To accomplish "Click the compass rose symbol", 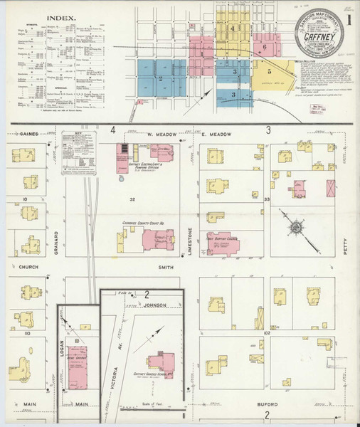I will click(x=293, y=227).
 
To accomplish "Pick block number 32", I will click(x=132, y=200).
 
